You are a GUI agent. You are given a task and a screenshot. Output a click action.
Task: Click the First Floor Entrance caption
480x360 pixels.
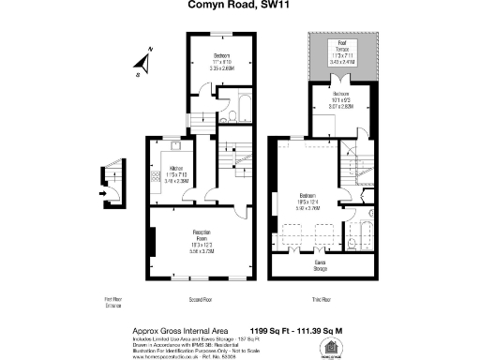pyautogui.click(x=114, y=303)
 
